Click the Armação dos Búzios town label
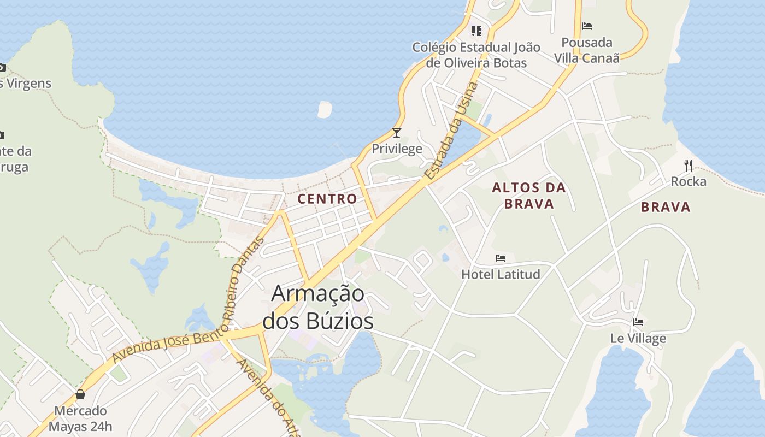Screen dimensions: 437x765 click(318, 308)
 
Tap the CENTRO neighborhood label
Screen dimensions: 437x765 click(327, 199)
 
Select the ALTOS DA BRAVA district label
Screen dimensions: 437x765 click(529, 196)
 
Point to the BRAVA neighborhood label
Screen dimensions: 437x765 click(666, 207)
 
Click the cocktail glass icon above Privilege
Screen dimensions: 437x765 click(397, 133)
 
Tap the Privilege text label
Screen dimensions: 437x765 click(397, 149)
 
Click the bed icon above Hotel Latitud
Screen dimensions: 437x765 click(501, 258)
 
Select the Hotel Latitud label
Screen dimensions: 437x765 click(501, 274)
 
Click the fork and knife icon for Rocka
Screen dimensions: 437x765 click(688, 165)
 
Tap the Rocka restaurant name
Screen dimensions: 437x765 click(688, 181)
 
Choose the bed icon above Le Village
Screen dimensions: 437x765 click(638, 322)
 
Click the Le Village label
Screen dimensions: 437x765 click(638, 338)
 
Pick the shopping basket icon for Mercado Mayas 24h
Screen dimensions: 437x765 click(80, 394)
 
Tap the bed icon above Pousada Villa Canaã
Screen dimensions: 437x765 click(587, 26)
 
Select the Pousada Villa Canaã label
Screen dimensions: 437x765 click(587, 50)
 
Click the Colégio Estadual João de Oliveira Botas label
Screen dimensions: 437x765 click(476, 55)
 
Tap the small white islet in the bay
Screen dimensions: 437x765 click(325, 109)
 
